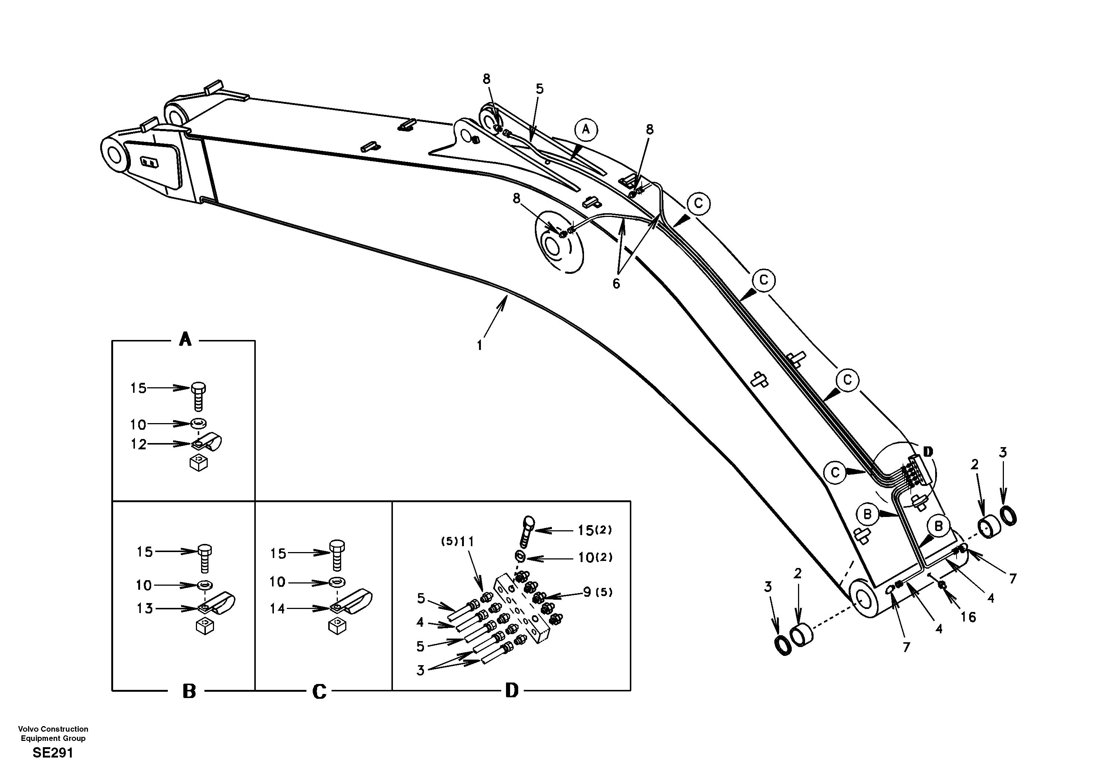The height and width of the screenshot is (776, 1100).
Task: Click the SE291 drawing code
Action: [53, 753]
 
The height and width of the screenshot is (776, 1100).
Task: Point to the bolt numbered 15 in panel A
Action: [198, 396]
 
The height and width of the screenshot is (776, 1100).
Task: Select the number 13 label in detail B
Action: [145, 608]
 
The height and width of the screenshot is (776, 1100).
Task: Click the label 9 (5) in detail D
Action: [597, 593]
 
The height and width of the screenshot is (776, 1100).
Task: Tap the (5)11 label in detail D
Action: [458, 542]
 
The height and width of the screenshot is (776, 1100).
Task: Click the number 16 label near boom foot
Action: [968, 617]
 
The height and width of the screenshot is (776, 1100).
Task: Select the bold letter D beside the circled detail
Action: [928, 452]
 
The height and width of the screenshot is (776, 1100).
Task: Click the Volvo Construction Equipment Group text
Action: [53, 734]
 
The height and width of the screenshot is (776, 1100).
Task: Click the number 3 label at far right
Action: [1003, 452]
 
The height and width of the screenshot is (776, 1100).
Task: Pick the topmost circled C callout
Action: [698, 204]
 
